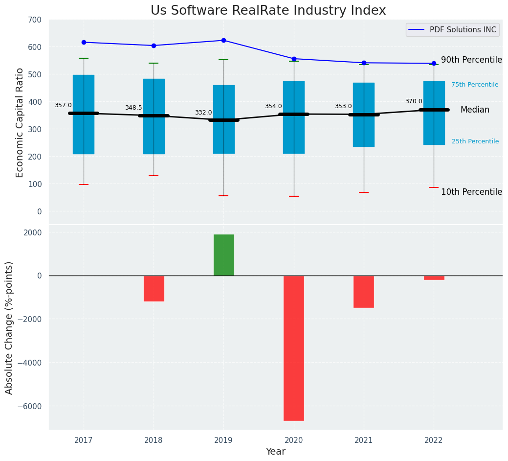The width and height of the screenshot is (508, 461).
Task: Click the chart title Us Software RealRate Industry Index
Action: pyautogui.click(x=268, y=11)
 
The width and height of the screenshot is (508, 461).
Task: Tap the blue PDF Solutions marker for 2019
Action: pyautogui.click(x=223, y=40)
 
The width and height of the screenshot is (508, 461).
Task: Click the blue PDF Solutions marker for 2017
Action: pyautogui.click(x=84, y=42)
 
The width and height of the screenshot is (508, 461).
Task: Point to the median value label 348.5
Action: pyautogui.click(x=133, y=108)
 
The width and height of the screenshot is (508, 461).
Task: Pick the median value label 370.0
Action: pyautogui.click(x=414, y=101)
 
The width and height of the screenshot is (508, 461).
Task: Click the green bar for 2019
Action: pyautogui.click(x=223, y=255)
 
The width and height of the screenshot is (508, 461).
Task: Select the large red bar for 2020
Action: pyautogui.click(x=293, y=348)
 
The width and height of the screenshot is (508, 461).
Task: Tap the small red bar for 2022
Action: pyautogui.click(x=434, y=277)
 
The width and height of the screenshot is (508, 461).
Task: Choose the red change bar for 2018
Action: pyautogui.click(x=154, y=288)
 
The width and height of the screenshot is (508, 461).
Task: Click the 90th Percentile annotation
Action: pyautogui.click(x=471, y=60)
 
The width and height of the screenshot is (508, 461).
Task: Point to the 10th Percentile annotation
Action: pyautogui.click(x=471, y=192)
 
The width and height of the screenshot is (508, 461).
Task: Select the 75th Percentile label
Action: pyautogui.click(x=475, y=85)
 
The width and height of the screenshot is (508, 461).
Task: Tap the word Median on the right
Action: pyautogui.click(x=475, y=110)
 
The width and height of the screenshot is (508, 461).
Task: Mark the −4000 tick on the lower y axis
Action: pyautogui.click(x=32, y=363)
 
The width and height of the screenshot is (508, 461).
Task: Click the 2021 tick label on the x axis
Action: pyautogui.click(x=363, y=440)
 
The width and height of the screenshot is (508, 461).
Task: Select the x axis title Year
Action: pyautogui.click(x=275, y=452)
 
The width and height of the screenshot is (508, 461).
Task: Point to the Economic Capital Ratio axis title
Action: pyautogui.click(x=20, y=122)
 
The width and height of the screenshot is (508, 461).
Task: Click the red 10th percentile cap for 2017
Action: pyautogui.click(x=84, y=184)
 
